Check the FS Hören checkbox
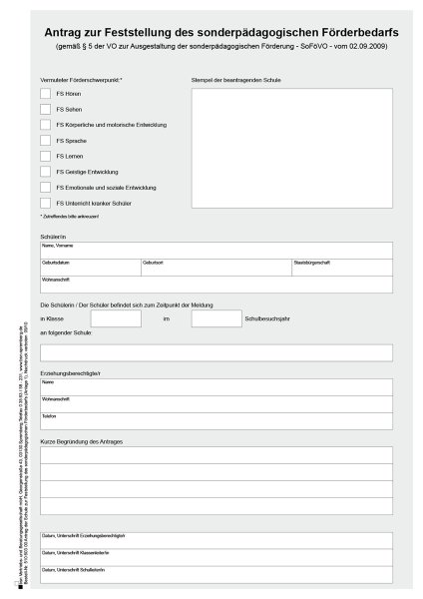pos(45,93)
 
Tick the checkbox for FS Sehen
pos(45,109)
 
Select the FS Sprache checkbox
pos(45,141)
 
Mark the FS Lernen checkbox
pos(45,156)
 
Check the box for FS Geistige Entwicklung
pos(45,172)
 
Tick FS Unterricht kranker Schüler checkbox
pos(45,203)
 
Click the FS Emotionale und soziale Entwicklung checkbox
pos(45,187)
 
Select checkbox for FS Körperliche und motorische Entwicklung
pos(45,125)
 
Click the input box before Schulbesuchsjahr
pos(215,318)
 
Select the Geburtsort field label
pos(154,262)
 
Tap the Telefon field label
pos(49,415)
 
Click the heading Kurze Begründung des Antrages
pos(81,440)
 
